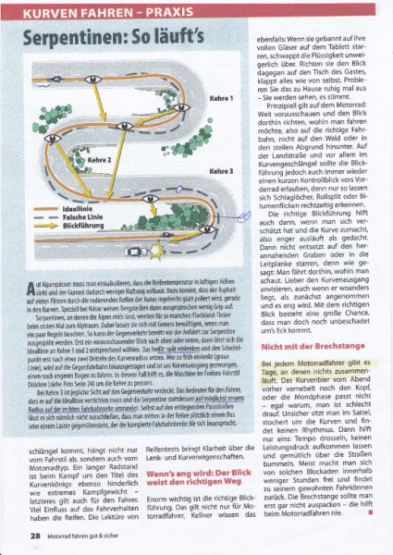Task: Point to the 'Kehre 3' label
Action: click(x=222, y=170)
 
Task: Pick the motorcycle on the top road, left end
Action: click(x=68, y=80)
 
